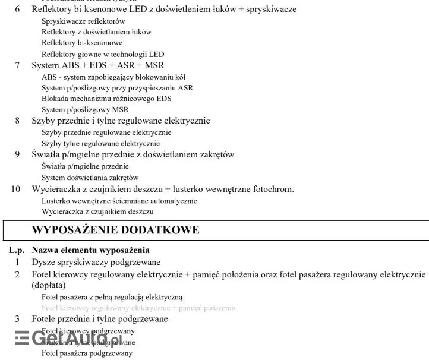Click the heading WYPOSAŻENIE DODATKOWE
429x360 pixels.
coord(115,229)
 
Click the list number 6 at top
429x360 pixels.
coord(17,10)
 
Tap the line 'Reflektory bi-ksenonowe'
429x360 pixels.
coord(82,43)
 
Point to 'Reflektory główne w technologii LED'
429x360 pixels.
coord(103,54)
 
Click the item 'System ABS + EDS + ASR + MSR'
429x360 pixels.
coord(98,65)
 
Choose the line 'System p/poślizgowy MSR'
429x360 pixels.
coord(85,109)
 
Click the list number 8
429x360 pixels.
coord(17,121)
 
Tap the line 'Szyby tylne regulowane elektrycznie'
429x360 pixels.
coord(100,143)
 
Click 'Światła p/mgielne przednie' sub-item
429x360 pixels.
coord(85,166)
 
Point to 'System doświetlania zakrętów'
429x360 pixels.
coord(90,177)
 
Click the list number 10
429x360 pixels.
coord(15,189)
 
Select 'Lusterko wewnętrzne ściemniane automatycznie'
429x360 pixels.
coord(119,200)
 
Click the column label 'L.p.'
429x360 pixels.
coord(17,250)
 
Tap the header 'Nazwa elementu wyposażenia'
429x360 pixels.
coord(90,250)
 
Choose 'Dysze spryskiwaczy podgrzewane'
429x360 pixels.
coord(96,262)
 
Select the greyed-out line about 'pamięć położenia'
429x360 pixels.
coord(138,308)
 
